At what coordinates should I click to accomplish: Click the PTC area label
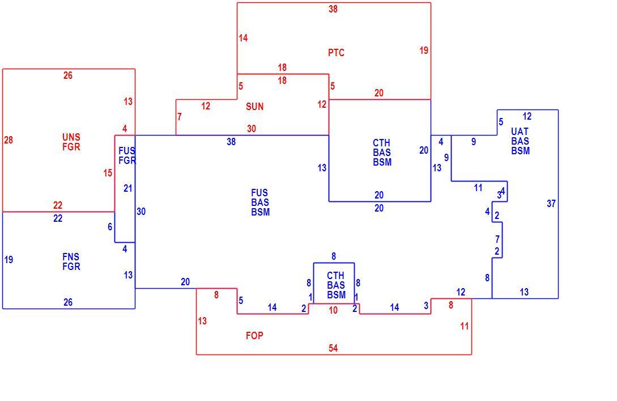(336, 52)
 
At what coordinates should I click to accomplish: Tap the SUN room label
(254, 107)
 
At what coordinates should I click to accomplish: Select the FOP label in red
(254, 336)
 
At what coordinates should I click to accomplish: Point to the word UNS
(71, 137)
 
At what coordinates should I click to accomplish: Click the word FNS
(71, 257)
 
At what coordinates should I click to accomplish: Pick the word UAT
(520, 132)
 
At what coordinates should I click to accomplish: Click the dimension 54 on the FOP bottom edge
(333, 348)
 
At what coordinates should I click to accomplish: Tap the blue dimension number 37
(551, 204)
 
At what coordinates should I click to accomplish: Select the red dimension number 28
(8, 140)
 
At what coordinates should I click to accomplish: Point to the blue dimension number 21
(128, 188)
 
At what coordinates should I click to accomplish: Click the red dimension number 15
(108, 173)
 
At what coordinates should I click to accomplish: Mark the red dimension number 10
(333, 310)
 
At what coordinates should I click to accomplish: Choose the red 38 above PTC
(333, 9)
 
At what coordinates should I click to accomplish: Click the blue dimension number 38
(231, 142)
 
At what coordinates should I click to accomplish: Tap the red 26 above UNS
(67, 75)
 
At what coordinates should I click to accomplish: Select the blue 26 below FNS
(67, 302)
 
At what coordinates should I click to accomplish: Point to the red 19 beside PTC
(424, 50)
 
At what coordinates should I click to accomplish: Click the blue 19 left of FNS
(8, 260)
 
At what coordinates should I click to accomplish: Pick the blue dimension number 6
(110, 227)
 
